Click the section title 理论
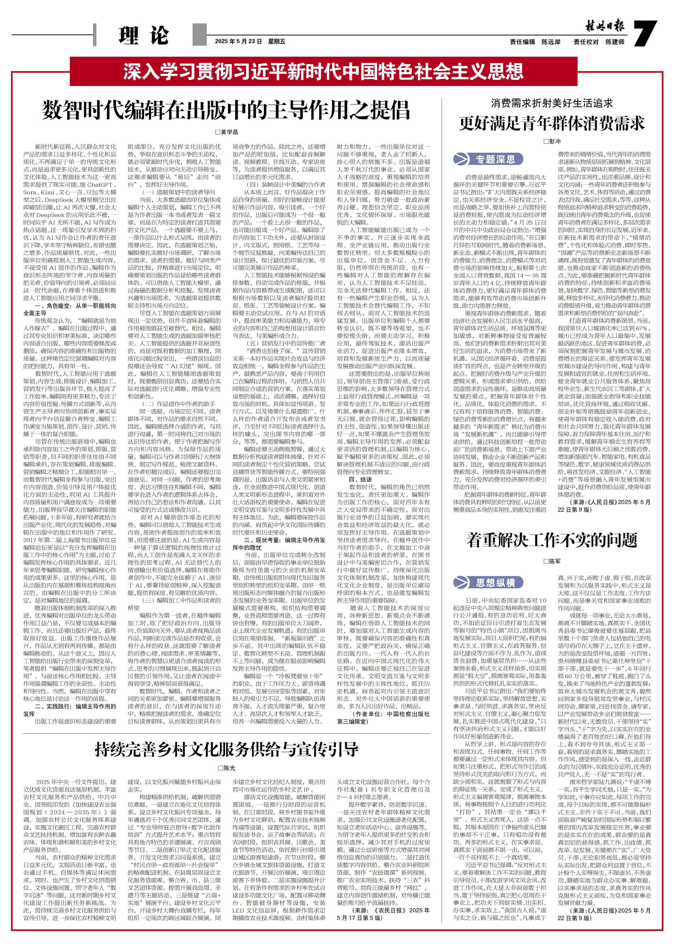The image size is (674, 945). (144, 36)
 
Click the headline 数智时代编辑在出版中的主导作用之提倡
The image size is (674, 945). (226, 110)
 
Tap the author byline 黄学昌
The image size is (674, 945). (227, 132)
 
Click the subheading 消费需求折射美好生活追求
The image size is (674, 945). (552, 103)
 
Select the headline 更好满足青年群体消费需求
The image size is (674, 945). (552, 123)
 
